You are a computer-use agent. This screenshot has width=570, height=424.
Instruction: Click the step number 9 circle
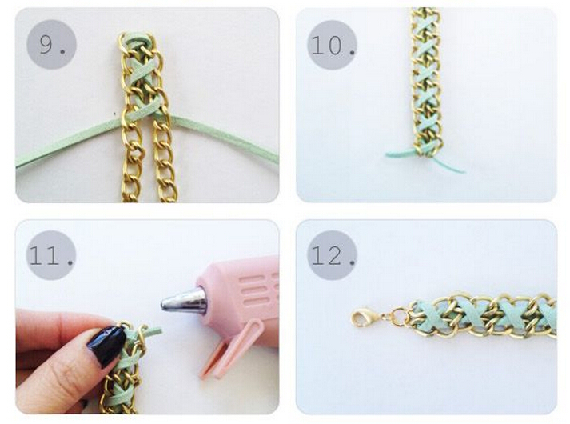(x=51, y=45)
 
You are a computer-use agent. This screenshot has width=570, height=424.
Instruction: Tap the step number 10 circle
(x=332, y=45)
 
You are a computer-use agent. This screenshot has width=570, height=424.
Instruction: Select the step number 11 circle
(x=51, y=255)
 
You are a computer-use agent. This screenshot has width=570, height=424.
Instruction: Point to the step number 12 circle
(x=332, y=255)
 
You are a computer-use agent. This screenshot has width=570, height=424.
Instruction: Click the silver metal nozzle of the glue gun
(x=184, y=300)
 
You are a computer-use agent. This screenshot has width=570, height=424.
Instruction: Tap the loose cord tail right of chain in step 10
(x=450, y=164)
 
